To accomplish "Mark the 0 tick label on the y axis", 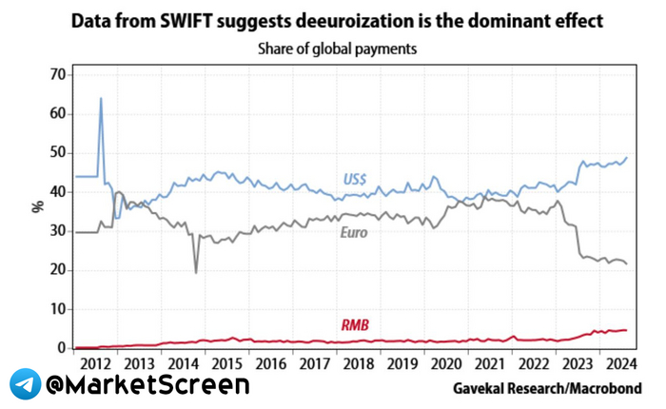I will (58, 348).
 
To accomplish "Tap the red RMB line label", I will (358, 325).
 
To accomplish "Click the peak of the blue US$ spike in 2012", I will (101, 98).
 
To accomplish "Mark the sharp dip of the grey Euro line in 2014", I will (196, 272).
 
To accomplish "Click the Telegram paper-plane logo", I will (25, 384).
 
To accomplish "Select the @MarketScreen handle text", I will (147, 384).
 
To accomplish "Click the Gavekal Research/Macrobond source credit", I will (545, 389).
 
